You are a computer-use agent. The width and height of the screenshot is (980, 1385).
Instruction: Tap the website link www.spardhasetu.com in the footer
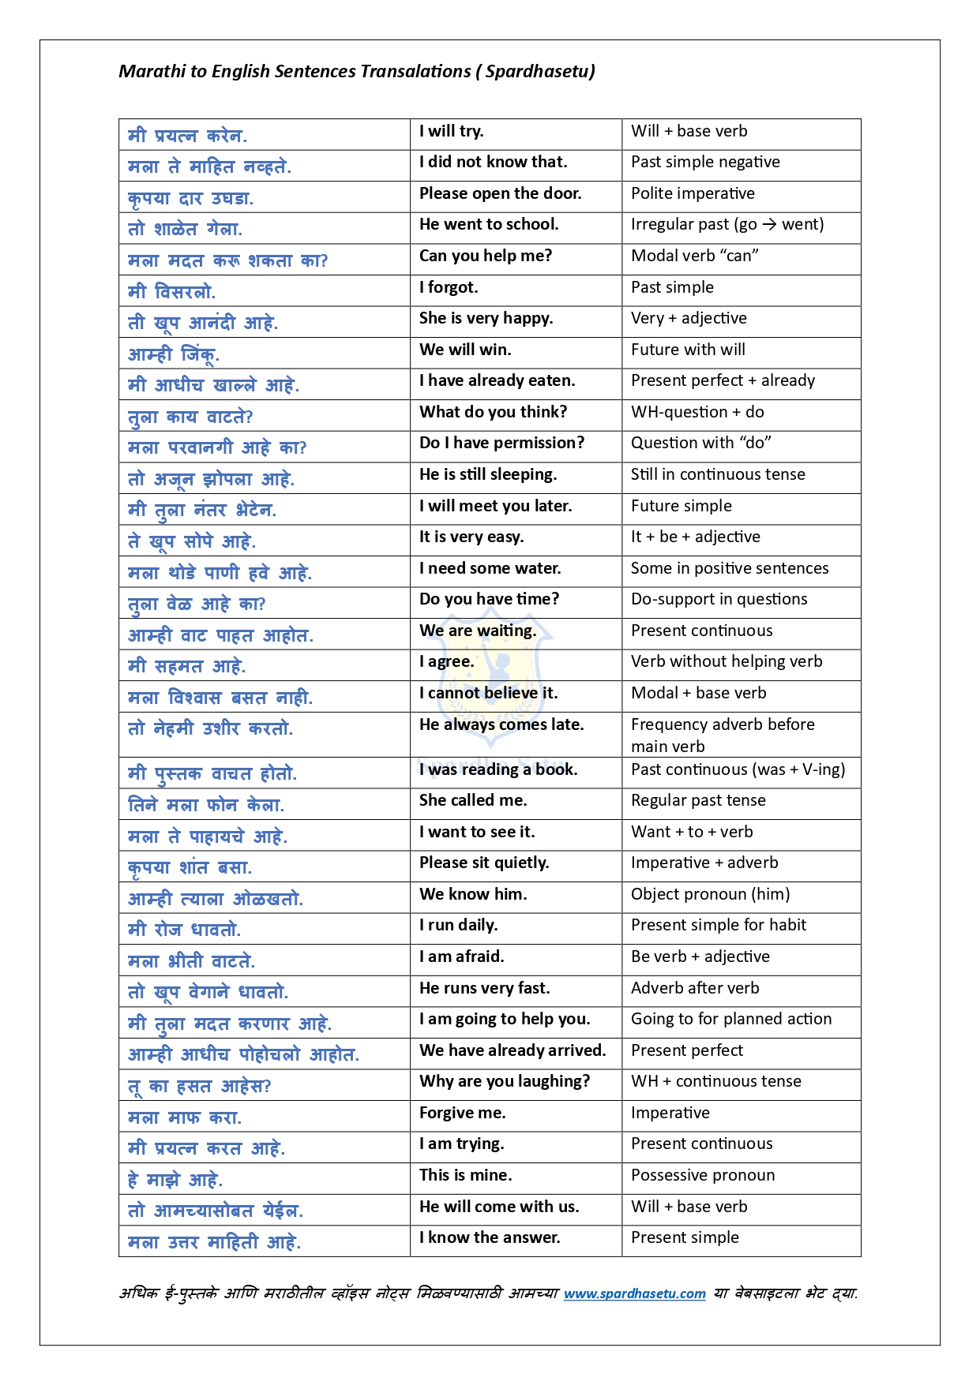[634, 1293]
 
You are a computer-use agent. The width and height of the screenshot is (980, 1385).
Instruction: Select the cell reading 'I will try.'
[452, 131]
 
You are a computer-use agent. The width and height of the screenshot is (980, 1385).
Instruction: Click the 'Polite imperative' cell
[693, 193]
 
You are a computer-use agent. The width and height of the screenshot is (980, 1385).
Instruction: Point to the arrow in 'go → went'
[769, 225]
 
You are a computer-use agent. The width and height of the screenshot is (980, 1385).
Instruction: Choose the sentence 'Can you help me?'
[486, 256]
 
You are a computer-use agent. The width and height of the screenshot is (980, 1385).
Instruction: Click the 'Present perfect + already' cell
[723, 380]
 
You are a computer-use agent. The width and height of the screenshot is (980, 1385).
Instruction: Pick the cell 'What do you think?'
[493, 412]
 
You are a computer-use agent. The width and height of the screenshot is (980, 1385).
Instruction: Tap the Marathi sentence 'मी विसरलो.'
[171, 292]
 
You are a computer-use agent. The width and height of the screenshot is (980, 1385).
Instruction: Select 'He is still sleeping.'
[488, 474]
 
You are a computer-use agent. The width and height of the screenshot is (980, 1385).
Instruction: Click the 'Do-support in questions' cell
[719, 599]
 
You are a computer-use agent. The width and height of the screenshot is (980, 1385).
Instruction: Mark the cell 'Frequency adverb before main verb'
[723, 735]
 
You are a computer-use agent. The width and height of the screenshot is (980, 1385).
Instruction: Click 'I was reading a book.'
[498, 769]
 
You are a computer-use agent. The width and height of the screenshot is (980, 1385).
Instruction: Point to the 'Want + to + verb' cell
[692, 832]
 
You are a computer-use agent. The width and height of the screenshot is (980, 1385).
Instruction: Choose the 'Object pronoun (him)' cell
[710, 894]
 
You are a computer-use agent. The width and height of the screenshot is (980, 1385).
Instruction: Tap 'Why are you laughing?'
[505, 1081]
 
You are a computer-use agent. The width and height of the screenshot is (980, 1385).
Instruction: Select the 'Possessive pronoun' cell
[703, 1175]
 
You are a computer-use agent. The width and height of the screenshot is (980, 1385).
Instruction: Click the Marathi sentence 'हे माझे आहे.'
[175, 1180]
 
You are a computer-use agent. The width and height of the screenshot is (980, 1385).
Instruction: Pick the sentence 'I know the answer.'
[490, 1237]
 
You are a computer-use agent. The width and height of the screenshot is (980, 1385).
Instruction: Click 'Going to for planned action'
[731, 1019]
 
